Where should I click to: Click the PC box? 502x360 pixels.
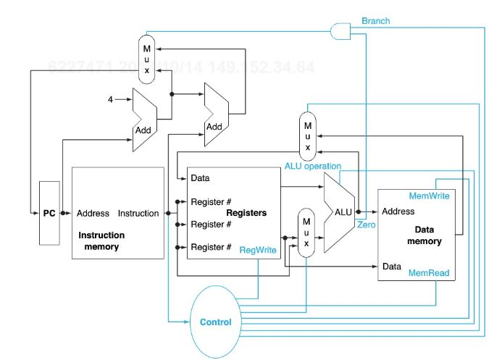tap(49, 214)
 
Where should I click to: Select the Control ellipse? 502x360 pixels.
tap(215, 322)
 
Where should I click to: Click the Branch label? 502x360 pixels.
tap(375, 21)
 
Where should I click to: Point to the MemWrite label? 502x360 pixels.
tap(430, 196)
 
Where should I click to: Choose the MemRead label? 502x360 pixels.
tap(430, 273)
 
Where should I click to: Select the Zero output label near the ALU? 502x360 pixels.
tap(366, 226)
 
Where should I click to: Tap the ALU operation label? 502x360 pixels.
tap(312, 166)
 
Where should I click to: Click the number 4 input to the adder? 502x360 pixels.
tap(111, 99)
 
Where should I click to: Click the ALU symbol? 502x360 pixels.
tap(340, 213)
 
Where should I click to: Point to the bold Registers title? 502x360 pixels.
tap(247, 213)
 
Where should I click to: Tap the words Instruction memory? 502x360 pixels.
tap(101, 241)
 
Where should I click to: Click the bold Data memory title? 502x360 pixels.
tap(424, 236)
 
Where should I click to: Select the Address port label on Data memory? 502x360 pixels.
tap(398, 212)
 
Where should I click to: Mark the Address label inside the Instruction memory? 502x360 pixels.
tap(93, 214)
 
